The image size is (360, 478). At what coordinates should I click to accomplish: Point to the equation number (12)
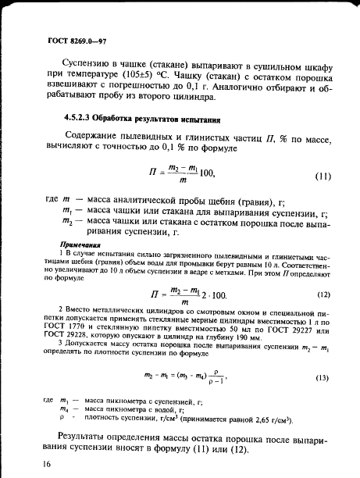coord(322,272)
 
